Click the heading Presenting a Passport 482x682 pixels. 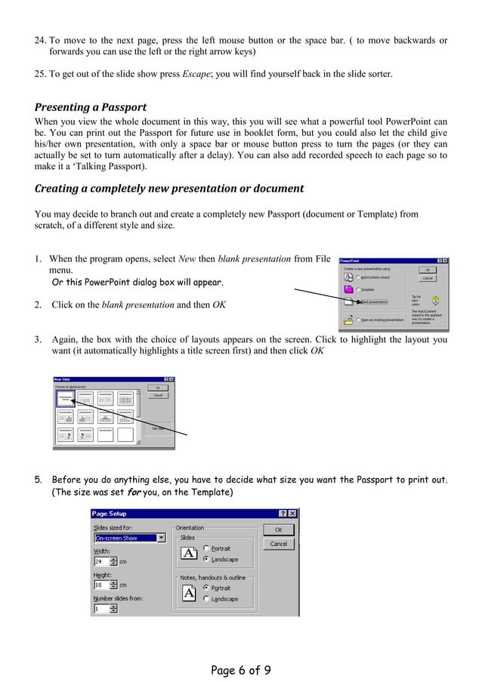tap(91, 106)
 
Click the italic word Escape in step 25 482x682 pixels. tap(196, 73)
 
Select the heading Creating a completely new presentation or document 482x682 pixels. tap(169, 188)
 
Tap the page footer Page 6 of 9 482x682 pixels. tap(240, 669)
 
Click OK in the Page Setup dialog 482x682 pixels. tap(279, 530)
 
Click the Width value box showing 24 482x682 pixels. tap(101, 562)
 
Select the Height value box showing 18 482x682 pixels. tap(101, 585)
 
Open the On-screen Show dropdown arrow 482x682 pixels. tap(161, 539)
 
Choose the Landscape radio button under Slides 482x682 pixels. tap(207, 560)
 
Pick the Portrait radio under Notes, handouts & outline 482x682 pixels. tap(207, 588)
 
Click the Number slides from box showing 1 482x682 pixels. tap(101, 608)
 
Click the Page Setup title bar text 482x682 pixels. tap(110, 514)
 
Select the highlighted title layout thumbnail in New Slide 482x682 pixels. tap(66, 398)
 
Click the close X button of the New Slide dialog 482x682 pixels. tap(171, 379)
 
